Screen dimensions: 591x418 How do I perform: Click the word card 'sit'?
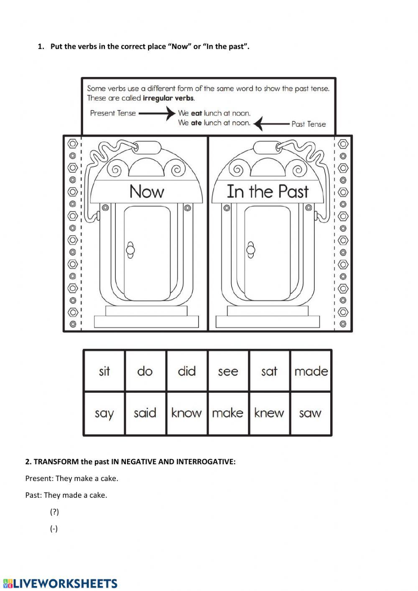click(104, 371)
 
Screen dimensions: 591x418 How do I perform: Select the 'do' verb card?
click(145, 371)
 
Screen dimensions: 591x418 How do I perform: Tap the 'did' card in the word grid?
click(186, 371)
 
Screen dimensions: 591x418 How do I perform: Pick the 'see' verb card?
click(228, 371)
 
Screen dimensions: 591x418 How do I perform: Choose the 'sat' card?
click(269, 371)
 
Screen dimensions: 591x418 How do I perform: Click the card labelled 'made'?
click(311, 371)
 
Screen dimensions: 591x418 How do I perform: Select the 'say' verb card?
click(104, 413)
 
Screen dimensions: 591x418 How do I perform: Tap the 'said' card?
click(145, 413)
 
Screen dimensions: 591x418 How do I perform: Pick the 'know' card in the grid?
click(186, 413)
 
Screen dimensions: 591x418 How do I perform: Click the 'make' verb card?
click(228, 413)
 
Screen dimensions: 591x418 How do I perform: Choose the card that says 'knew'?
click(269, 413)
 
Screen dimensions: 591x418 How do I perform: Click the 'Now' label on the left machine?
click(147, 192)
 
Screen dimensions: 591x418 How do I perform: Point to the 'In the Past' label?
click(268, 192)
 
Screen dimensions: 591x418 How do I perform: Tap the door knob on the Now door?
click(130, 250)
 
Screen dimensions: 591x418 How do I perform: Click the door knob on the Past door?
click(251, 250)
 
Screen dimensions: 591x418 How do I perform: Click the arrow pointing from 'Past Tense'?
click(272, 124)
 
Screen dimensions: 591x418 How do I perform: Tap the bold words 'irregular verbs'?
click(168, 98)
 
